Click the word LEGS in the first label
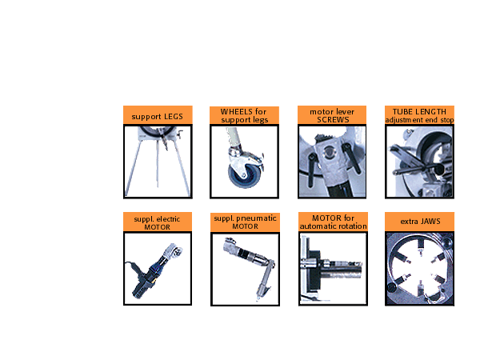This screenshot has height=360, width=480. [174, 117]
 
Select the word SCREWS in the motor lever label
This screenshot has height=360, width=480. [333, 120]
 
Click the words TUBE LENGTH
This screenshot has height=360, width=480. [419, 112]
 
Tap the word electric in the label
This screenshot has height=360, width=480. [168, 219]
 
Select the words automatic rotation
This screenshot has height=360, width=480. [333, 226]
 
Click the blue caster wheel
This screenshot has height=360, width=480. [243, 176]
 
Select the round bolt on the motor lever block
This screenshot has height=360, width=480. [329, 151]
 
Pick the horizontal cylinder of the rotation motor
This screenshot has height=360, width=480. [341, 272]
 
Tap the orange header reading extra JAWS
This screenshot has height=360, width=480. [420, 222]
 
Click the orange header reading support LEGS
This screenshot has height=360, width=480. [158, 114]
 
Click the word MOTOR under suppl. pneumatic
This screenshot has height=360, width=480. [245, 226]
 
